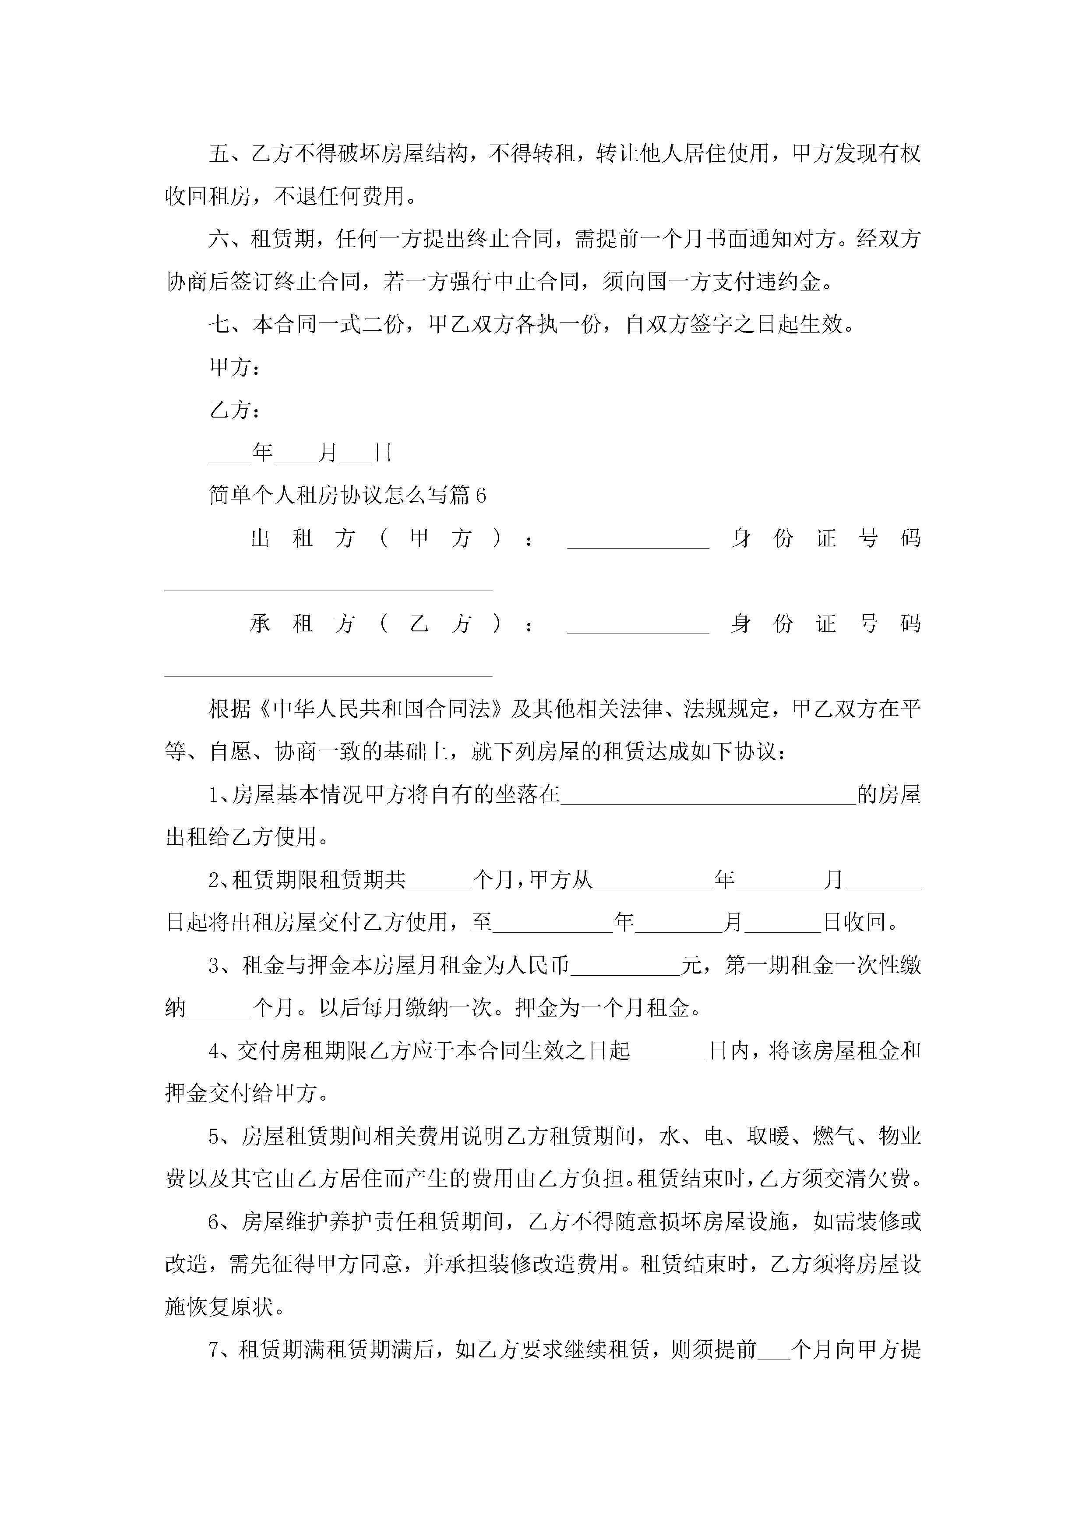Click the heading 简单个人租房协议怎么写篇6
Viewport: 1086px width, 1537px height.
pyautogui.click(x=347, y=496)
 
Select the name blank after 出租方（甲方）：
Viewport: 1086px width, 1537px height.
pyautogui.click(x=637, y=539)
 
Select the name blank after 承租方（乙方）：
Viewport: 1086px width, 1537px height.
pyautogui.click(x=637, y=625)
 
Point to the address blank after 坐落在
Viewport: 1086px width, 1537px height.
pyautogui.click(x=708, y=797)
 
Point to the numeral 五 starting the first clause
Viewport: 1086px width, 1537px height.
pyautogui.click(x=219, y=154)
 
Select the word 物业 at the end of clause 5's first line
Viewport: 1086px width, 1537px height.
pyautogui.click(x=899, y=1137)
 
